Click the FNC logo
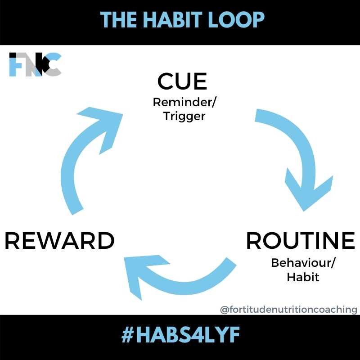coord(35,64)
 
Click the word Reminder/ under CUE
coord(184,102)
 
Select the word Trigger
coord(184,116)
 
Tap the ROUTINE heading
coord(300,241)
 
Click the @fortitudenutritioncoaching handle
coord(288,310)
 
